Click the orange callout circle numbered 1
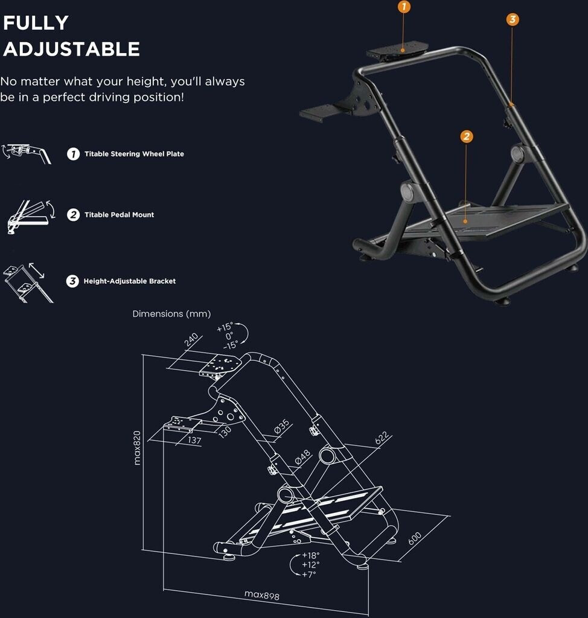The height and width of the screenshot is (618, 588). [x=403, y=7]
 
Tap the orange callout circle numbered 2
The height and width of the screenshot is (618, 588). [x=467, y=136]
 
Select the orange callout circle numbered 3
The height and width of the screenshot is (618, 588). [x=513, y=19]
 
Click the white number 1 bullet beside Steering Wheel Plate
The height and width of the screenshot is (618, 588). [x=73, y=154]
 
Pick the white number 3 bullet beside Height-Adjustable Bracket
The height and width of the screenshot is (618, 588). [x=72, y=281]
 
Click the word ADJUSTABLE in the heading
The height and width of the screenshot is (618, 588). [x=71, y=49]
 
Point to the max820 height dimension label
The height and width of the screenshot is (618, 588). [x=137, y=448]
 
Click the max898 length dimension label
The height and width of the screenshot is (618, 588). [x=262, y=594]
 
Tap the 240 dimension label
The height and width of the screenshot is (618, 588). [x=191, y=340]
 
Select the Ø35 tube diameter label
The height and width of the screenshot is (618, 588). [x=282, y=427]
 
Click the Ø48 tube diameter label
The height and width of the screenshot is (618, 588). [x=303, y=457]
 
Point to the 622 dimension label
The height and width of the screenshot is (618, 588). [x=382, y=438]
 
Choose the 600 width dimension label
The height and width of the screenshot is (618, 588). [x=415, y=538]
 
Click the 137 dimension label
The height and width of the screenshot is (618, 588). [x=194, y=440]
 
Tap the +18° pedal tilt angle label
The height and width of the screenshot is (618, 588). [x=311, y=555]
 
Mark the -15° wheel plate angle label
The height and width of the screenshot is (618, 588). [x=231, y=345]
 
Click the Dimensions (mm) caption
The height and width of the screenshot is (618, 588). [x=171, y=314]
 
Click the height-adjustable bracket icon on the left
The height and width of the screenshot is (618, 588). [x=28, y=282]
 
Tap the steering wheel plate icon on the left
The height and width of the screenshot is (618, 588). [x=27, y=153]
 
